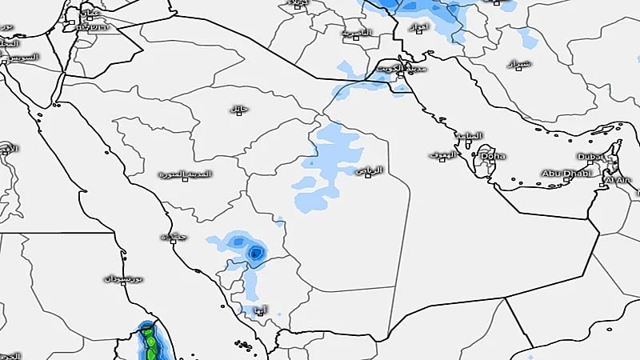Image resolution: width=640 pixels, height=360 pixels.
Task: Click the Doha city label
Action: [x=492, y=156]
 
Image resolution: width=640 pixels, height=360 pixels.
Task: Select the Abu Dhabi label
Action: [x=565, y=173]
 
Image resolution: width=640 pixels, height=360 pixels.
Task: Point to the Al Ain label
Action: [x=617, y=182]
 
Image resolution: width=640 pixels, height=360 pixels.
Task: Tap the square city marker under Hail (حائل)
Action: [x=236, y=115]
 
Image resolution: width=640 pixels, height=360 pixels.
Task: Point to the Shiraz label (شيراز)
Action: [x=518, y=62]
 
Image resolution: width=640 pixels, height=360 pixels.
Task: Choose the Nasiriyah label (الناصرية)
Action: [x=356, y=34]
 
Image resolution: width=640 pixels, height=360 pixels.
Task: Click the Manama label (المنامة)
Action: [x=468, y=135]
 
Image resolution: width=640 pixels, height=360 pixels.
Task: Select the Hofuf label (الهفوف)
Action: [x=441, y=154]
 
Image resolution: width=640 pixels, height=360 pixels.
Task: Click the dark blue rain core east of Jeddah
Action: [x=255, y=254]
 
